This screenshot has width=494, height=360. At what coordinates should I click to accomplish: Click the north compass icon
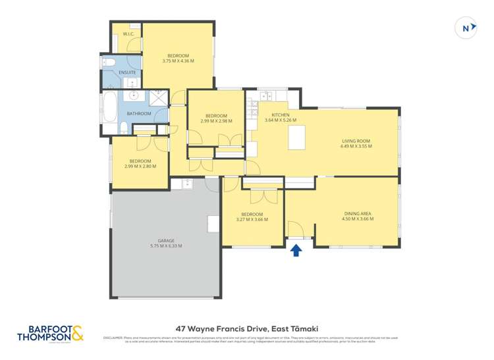pos(466,28)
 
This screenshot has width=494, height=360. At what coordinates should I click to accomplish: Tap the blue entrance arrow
pos(296,250)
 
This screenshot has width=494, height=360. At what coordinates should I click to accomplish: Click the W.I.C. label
pos(128,34)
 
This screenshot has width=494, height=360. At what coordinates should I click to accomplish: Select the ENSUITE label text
pos(127,72)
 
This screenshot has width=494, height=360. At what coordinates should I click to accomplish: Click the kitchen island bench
pos(297,137)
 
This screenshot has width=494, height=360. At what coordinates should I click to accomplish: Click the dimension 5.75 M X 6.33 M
pos(165,246)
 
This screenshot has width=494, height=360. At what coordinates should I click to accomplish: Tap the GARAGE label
pos(165,240)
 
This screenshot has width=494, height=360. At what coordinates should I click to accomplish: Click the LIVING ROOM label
pos(356,141)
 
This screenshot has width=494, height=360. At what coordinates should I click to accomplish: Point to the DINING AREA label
pos(358,213)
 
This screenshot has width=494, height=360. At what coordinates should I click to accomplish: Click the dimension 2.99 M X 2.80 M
pos(140,167)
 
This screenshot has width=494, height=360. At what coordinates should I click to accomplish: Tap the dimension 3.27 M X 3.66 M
pos(252,220)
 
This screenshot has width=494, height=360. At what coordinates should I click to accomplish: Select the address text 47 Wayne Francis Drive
pos(220,325)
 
